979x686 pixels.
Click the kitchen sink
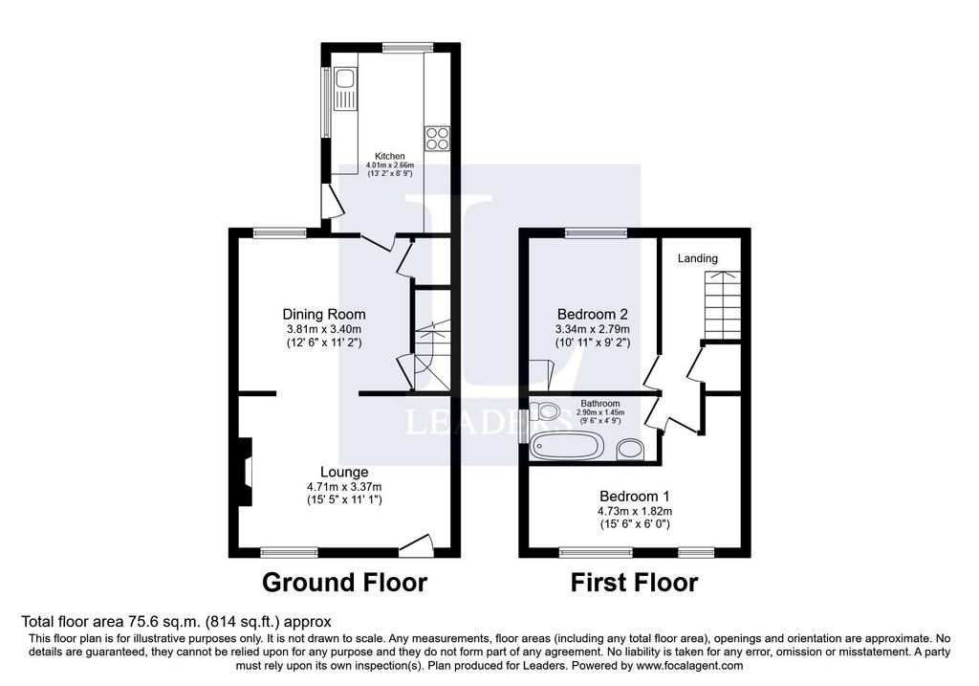[x=344, y=89]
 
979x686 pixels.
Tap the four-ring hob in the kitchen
[x=437, y=139]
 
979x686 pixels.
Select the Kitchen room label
[x=390, y=156]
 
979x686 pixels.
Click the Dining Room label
[x=324, y=314]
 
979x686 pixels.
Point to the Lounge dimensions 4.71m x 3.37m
[x=344, y=487]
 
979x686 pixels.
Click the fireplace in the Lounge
[x=245, y=471]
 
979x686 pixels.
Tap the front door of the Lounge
[x=415, y=544]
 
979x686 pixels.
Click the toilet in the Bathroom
[x=543, y=411]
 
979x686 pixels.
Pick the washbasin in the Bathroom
[x=631, y=450]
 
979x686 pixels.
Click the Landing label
[x=697, y=258]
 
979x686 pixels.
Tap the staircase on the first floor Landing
[x=723, y=305]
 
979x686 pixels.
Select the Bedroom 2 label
[x=593, y=314]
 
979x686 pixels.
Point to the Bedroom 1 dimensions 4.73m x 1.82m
[x=635, y=511]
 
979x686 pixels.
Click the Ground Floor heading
[x=344, y=583]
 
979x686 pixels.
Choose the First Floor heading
[x=635, y=583]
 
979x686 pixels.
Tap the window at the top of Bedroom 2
[x=597, y=233]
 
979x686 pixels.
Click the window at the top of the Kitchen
[x=407, y=47]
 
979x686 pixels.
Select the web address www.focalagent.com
[x=690, y=665]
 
